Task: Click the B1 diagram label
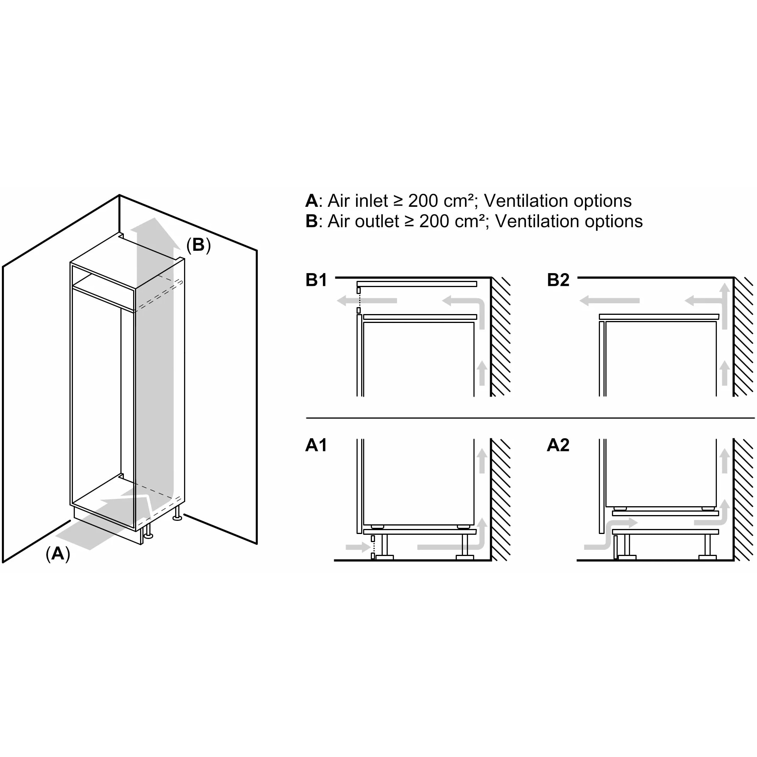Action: tap(316, 280)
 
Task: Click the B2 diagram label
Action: tap(558, 280)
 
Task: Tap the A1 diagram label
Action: tap(316, 445)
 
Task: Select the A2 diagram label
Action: tap(558, 445)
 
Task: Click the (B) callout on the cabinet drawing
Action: tap(198, 245)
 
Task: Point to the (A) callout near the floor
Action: tap(57, 554)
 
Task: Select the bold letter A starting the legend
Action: tap(311, 201)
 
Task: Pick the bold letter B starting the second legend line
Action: tap(311, 221)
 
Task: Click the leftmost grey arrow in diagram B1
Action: tap(367, 301)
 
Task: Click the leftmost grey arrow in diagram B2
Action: tap(609, 301)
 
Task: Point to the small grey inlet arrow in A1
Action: tap(358, 547)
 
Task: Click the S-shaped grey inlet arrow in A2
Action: tap(610, 534)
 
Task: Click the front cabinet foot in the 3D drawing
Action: tap(148, 530)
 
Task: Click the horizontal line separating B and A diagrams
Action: tap(530, 418)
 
